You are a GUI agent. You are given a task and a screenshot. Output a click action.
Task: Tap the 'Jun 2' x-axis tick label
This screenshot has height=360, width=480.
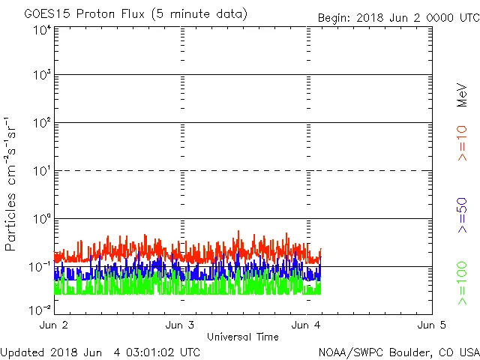pyautogui.click(x=53, y=325)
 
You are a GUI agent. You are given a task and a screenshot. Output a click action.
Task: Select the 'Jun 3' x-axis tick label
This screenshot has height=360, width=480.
pyautogui.click(x=179, y=325)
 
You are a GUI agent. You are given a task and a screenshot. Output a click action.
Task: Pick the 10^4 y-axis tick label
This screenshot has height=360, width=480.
pyautogui.click(x=41, y=30)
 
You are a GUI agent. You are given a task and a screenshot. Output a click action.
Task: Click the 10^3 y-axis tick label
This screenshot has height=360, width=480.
pyautogui.click(x=41, y=76)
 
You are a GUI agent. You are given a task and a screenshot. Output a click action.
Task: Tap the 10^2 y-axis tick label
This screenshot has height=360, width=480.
pyautogui.click(x=41, y=124)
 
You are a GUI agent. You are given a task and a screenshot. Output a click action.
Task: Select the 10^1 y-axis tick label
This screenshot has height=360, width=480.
pyautogui.click(x=41, y=172)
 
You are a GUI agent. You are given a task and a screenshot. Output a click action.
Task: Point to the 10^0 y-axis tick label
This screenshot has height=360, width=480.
pyautogui.click(x=41, y=220)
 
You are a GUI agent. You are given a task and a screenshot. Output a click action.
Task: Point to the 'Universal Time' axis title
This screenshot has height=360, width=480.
pyautogui.click(x=242, y=337)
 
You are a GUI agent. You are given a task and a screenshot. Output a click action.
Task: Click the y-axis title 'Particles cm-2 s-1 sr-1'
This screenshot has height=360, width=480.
pyautogui.click(x=13, y=184)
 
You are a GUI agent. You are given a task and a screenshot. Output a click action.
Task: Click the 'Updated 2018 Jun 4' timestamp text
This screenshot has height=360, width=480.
pyautogui.click(x=100, y=352)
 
